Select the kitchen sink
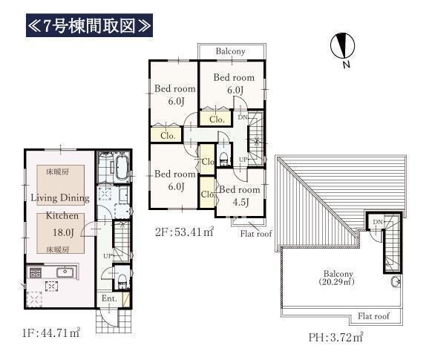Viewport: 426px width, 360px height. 65,272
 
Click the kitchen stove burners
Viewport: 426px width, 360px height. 36,272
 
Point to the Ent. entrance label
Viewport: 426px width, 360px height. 109,298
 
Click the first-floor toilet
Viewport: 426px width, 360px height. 122,281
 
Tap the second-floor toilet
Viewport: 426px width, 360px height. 223,158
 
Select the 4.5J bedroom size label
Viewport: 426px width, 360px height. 240,202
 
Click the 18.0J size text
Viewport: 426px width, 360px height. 63,232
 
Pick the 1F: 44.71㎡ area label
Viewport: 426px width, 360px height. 51,333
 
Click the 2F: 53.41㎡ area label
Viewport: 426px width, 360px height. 185,232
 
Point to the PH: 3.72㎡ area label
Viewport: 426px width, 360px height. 335,337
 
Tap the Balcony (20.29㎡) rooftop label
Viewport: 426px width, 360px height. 337,278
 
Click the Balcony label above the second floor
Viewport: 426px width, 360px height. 230,51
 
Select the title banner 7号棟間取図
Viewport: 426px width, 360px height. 89,25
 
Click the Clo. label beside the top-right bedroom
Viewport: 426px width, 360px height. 217,119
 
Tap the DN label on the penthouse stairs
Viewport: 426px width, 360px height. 378,222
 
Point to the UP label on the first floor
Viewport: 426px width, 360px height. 108,256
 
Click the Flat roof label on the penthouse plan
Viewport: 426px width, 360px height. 373,316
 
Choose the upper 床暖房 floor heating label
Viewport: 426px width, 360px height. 58,171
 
